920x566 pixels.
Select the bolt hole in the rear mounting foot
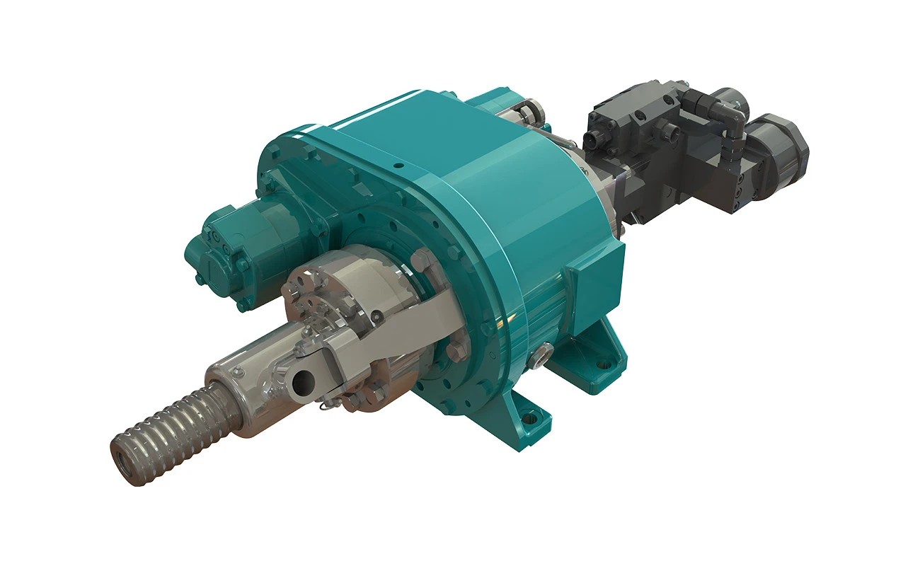tap(603, 366)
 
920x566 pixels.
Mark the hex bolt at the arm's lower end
tap(459, 345)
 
